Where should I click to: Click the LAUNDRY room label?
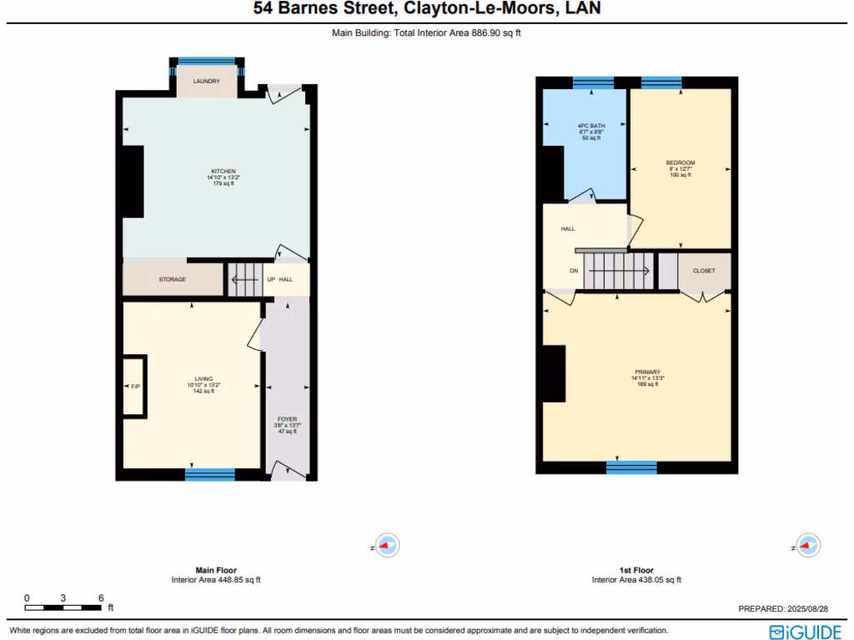point(206,81)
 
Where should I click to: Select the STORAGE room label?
point(173,279)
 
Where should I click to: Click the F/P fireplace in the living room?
point(134,387)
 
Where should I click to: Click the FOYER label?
point(287,419)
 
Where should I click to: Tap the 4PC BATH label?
point(590,126)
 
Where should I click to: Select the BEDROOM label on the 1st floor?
point(680,162)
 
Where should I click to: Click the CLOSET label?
point(704,271)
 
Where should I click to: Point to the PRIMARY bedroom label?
point(647,372)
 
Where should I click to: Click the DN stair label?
point(574,271)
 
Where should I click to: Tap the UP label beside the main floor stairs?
point(270,279)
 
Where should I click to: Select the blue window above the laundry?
point(206,61)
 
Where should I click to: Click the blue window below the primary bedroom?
point(632,467)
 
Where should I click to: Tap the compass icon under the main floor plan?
point(386,546)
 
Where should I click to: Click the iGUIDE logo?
point(805,631)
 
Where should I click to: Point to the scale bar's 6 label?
point(100,598)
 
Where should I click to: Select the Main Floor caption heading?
point(216,571)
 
